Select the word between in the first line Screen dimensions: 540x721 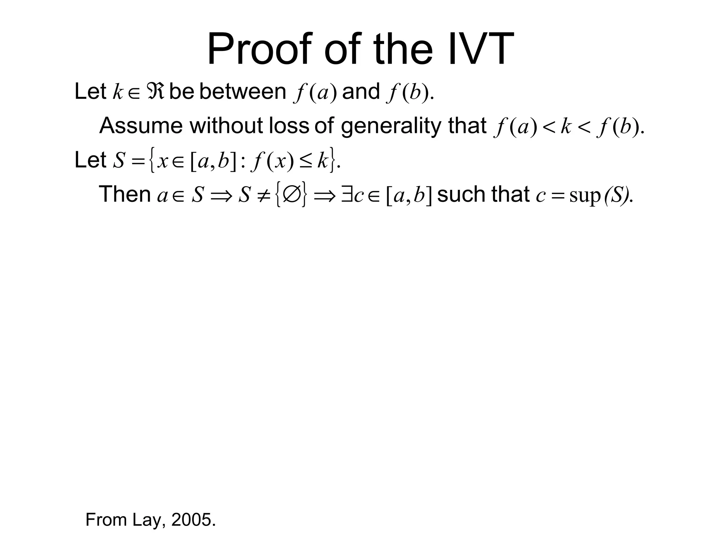[243, 92]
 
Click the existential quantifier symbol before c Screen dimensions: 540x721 [346, 195]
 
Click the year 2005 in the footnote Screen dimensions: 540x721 [193, 520]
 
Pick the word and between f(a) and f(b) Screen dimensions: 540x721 [360, 92]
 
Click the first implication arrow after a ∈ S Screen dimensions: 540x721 [221, 195]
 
